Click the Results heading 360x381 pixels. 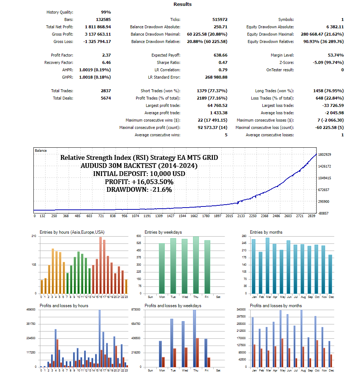click(x=182, y=4)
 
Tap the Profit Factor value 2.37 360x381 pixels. click(x=106, y=55)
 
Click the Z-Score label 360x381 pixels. click(x=286, y=62)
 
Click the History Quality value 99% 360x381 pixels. click(x=106, y=12)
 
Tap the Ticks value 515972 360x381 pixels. click(x=219, y=19)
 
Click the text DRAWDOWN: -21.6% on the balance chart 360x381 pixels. click(x=139, y=190)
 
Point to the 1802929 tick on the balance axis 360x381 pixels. click(x=325, y=155)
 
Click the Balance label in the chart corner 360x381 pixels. click(x=41, y=151)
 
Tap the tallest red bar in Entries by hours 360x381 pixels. click(x=101, y=265)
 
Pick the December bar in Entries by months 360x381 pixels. click(x=331, y=274)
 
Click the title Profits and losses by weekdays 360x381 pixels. click(x=173, y=306)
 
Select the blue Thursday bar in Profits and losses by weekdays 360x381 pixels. click(x=194, y=338)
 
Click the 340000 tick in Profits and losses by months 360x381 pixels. click(x=241, y=310)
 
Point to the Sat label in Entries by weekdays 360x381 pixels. click(x=218, y=296)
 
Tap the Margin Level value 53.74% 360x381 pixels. click(x=336, y=55)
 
